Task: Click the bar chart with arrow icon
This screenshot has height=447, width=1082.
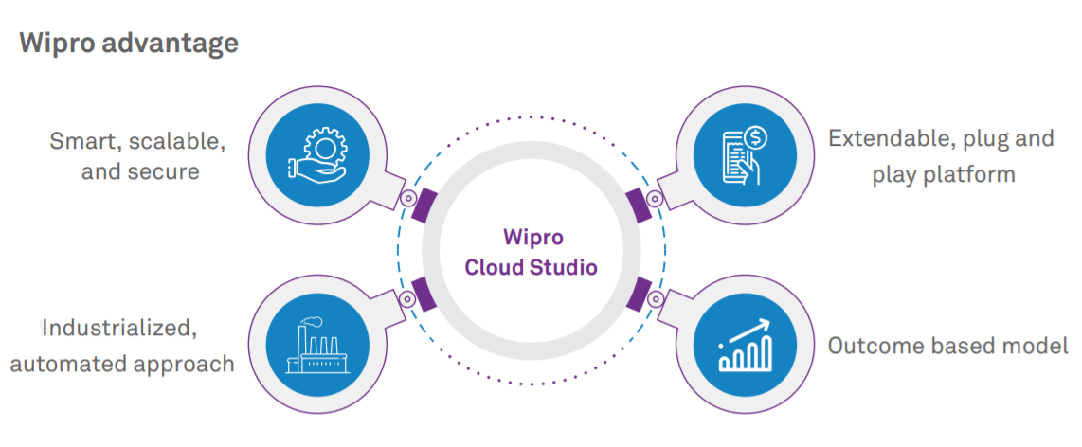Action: tap(746, 345)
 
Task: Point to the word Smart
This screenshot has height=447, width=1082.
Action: tap(85, 143)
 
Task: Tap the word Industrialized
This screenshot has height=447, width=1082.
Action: tap(119, 328)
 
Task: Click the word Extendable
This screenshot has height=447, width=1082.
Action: tap(887, 139)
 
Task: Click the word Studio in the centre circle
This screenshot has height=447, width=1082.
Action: tap(562, 267)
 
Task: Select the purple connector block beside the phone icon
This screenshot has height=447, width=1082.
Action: tap(639, 205)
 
